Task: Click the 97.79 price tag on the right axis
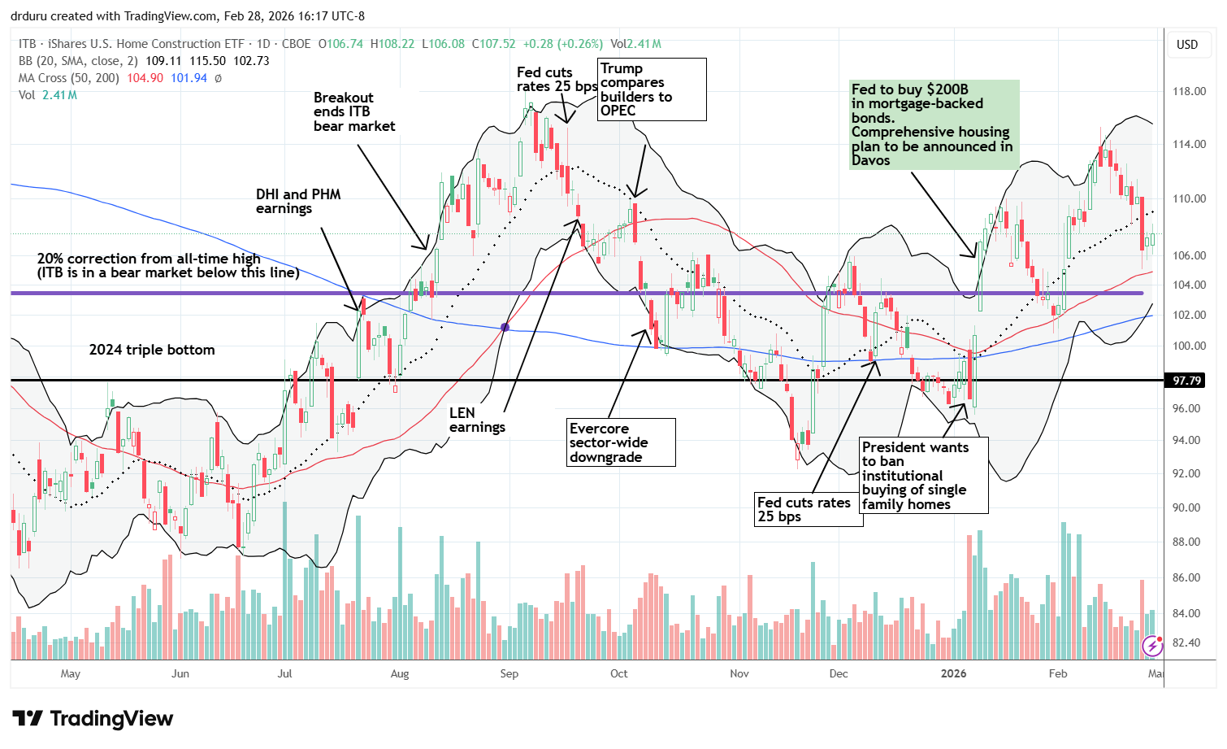click(x=1187, y=381)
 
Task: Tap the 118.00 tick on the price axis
click(x=1189, y=91)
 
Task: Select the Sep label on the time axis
click(x=509, y=673)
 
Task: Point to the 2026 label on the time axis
click(x=953, y=673)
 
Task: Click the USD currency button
click(x=1187, y=45)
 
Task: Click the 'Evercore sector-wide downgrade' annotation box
click(x=622, y=442)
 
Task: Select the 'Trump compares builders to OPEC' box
click(x=652, y=89)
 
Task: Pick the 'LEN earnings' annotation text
click(x=477, y=420)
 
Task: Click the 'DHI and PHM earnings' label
click(x=298, y=201)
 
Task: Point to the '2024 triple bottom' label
click(x=152, y=350)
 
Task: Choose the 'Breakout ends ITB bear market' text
click(x=354, y=111)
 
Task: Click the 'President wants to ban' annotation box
click(x=924, y=475)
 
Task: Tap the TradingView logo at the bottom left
click(x=93, y=719)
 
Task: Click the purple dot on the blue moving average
click(x=505, y=327)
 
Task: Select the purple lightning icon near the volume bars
click(x=1152, y=646)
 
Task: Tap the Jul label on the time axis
click(x=284, y=673)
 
